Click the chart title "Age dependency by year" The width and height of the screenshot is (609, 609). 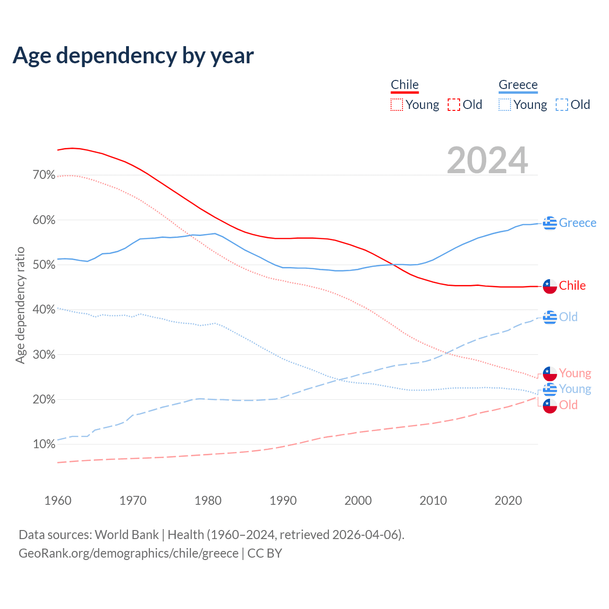click(133, 56)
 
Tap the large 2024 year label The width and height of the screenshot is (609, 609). click(487, 160)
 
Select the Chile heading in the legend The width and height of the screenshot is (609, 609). click(404, 85)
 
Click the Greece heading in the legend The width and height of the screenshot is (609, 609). click(518, 85)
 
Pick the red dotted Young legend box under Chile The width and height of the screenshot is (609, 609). click(396, 105)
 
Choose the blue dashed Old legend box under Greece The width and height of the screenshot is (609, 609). click(561, 105)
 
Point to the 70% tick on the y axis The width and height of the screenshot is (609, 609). click(44, 175)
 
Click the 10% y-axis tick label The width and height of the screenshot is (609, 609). click(44, 444)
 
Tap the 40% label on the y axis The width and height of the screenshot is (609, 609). click(44, 310)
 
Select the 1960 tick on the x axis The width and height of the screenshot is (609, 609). click(58, 501)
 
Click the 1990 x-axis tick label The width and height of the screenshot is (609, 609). click(283, 501)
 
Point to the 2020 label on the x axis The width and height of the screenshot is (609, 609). click(508, 501)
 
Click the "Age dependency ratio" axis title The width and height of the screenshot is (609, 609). click(20, 305)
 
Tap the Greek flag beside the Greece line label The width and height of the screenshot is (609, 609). click(550, 223)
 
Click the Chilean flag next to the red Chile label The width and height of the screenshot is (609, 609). click(550, 286)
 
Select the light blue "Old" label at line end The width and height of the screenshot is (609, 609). click(568, 317)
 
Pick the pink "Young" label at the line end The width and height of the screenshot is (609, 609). click(575, 373)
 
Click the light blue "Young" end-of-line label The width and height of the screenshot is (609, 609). click(575, 389)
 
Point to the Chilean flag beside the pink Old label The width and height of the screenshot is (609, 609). click(550, 406)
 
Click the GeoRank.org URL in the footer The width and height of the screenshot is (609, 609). click(128, 553)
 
